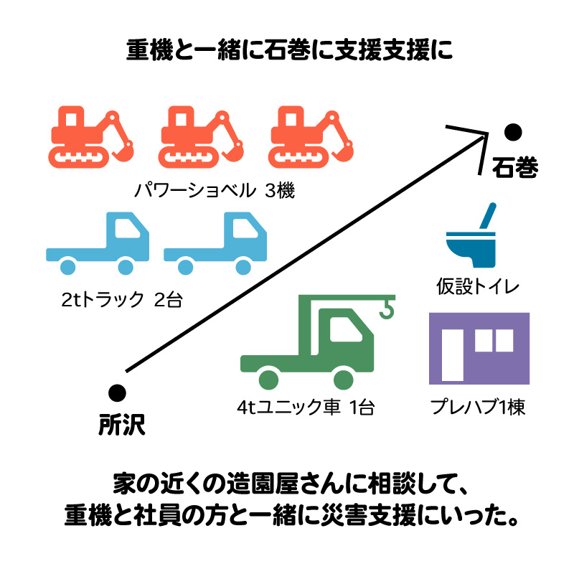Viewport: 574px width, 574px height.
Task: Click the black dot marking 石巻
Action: click(x=512, y=132)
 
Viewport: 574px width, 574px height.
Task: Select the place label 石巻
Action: click(x=514, y=166)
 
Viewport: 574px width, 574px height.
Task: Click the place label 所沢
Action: click(x=121, y=425)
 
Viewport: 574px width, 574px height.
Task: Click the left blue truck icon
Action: click(x=98, y=244)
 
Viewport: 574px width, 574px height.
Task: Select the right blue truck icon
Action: click(x=215, y=244)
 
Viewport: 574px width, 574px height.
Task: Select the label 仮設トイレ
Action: click(x=478, y=286)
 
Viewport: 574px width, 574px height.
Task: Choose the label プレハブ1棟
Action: click(x=478, y=408)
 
